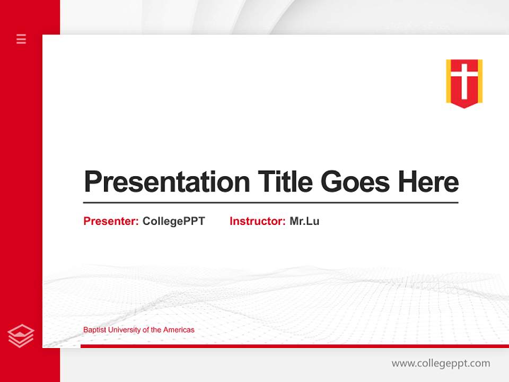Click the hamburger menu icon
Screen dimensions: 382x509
coord(21,39)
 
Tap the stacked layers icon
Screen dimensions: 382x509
coord(21,336)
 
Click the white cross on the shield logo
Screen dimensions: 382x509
coord(464,80)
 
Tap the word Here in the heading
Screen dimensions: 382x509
coord(428,182)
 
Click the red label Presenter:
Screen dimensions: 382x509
coord(111,221)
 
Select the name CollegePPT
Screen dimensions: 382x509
coord(173,221)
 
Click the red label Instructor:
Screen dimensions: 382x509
coord(257,221)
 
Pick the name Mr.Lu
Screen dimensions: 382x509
coord(304,221)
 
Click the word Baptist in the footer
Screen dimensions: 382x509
coord(94,329)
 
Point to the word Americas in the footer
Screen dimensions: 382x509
coord(179,329)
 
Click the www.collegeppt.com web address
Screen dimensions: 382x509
coord(441,363)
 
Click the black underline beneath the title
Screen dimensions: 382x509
coord(270,203)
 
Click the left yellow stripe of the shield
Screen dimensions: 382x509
coord(449,80)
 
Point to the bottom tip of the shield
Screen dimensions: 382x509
coord(464,107)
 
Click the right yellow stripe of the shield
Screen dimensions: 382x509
coord(480,80)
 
